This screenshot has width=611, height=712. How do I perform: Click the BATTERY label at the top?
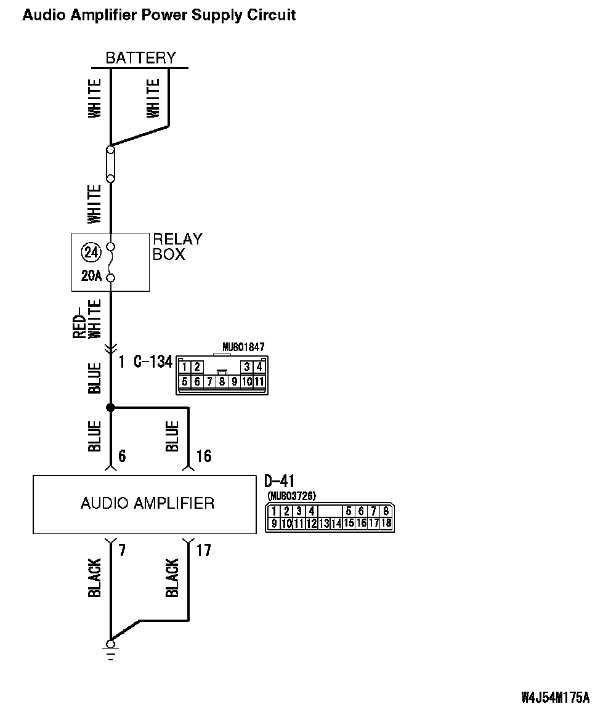click(140, 58)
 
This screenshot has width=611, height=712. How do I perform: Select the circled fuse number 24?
click(91, 253)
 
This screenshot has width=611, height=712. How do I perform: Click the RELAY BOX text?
click(177, 246)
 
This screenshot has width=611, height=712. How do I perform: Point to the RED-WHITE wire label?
click(87, 319)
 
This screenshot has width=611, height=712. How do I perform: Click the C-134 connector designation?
click(153, 362)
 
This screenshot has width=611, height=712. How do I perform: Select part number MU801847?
click(243, 348)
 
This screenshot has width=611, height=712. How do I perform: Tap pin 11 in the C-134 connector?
click(259, 382)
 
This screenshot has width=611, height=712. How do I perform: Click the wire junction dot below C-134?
click(111, 408)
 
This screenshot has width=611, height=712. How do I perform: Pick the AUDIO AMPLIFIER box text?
click(147, 503)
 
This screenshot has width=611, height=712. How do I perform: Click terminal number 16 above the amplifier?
click(203, 456)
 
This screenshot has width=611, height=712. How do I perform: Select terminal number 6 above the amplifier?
click(122, 456)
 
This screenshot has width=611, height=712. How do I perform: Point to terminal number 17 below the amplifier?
click(203, 550)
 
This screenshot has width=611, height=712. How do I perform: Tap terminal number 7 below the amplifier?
click(122, 550)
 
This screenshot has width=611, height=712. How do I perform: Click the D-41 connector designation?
click(279, 482)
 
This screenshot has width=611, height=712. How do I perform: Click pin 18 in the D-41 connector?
click(386, 524)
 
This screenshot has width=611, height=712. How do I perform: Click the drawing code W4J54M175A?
click(555, 698)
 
